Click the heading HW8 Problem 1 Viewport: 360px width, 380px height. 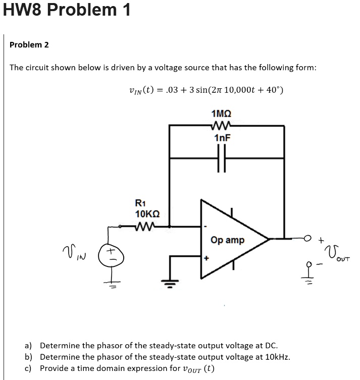pyautogui.click(x=67, y=10)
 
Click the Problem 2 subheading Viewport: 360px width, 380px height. pyautogui.click(x=29, y=45)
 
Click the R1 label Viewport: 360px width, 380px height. pyautogui.click(x=141, y=203)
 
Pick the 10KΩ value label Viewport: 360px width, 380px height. pyautogui.click(x=147, y=214)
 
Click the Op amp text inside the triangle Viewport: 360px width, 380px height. pyautogui.click(x=227, y=240)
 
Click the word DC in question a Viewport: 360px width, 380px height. pyautogui.click(x=270, y=346)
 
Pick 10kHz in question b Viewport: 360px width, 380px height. pyautogui.click(x=277, y=357)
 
